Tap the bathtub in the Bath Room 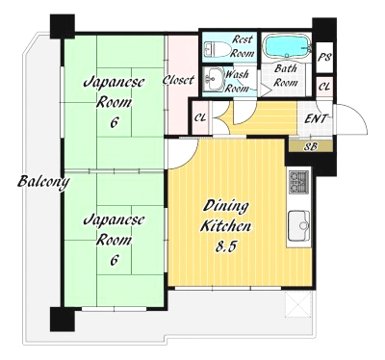click(x=288, y=46)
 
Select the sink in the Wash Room click(x=214, y=80)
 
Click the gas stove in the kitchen click(x=299, y=182)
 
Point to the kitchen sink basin click(x=299, y=226)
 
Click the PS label click(x=324, y=58)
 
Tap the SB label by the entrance click(x=311, y=147)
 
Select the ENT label click(x=316, y=118)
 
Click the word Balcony click(x=43, y=182)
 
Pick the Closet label click(x=178, y=80)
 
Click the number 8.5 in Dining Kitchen click(x=226, y=246)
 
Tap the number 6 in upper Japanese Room click(x=114, y=122)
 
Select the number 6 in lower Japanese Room click(x=114, y=260)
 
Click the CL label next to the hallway click(x=200, y=117)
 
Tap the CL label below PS click(x=324, y=87)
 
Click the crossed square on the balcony click(x=298, y=304)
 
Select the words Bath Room click(x=285, y=75)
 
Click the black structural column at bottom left click(x=63, y=320)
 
